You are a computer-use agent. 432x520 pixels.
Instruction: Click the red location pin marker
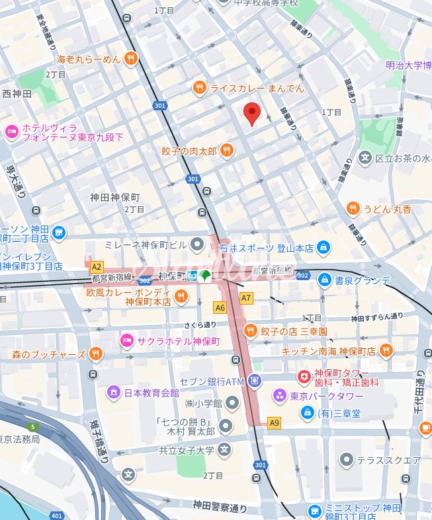coord(251,113)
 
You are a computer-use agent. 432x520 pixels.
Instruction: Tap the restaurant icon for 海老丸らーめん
coord(131,59)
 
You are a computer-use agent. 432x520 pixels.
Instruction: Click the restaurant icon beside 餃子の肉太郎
coord(227,151)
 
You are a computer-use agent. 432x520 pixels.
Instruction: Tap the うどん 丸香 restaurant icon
coord(353,209)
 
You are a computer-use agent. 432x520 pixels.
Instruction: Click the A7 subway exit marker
coord(246,298)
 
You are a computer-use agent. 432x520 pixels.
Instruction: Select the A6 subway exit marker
coord(220,307)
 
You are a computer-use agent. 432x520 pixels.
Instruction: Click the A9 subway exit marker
coord(274,422)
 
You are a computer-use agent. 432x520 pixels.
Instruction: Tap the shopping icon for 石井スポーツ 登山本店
coord(324,248)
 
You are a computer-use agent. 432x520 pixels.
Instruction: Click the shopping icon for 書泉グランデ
coord(324,280)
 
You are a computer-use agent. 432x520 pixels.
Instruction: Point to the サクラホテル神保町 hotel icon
coord(126,340)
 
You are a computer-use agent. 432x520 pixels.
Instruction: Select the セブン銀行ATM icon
coord(255,381)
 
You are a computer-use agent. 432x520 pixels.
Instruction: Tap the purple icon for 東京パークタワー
coord(280,396)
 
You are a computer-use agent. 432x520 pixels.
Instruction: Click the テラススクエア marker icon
coord(346,460)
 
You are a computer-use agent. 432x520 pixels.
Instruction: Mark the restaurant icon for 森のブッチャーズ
coord(96,354)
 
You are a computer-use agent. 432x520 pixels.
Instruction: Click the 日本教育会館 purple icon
coord(114,392)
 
